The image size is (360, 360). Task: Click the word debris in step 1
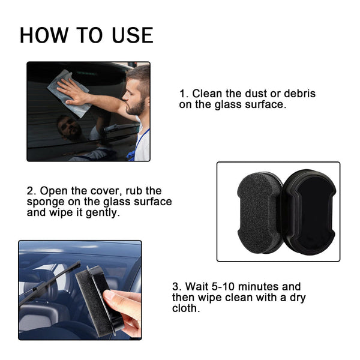295,94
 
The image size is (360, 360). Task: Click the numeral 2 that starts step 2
30,191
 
